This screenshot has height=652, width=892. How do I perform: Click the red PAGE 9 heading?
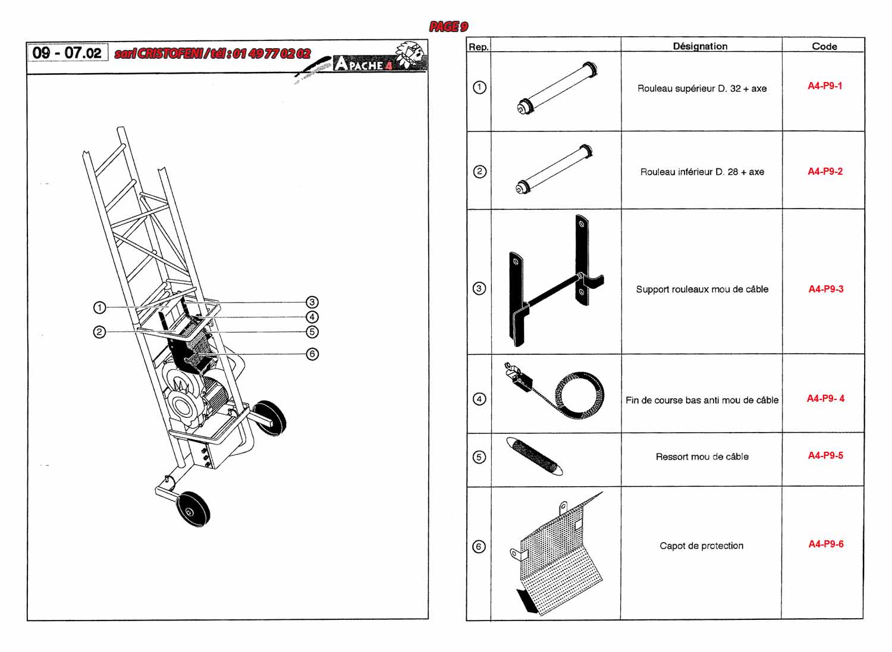pyautogui.click(x=448, y=27)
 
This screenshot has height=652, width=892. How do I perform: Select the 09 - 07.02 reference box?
pyautogui.click(x=67, y=52)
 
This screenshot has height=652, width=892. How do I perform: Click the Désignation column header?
pyautogui.click(x=700, y=46)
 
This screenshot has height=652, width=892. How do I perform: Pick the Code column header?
pyautogui.click(x=824, y=46)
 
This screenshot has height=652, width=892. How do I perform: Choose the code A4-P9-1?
pyautogui.click(x=825, y=86)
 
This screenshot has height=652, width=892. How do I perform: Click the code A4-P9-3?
pyautogui.click(x=825, y=289)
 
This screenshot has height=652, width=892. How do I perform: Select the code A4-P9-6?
pyautogui.click(x=825, y=544)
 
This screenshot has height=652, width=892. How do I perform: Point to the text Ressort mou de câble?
pyautogui.click(x=702, y=456)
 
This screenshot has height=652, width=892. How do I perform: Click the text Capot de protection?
pyautogui.click(x=701, y=546)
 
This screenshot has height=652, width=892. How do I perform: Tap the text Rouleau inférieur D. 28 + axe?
pyautogui.click(x=702, y=172)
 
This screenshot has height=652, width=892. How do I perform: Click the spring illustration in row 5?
pyautogui.click(x=535, y=456)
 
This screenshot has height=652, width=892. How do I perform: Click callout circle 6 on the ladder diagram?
pyautogui.click(x=312, y=354)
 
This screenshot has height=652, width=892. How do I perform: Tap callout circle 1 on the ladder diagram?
pyautogui.click(x=99, y=307)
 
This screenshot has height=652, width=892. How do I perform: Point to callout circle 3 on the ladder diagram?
pyautogui.click(x=312, y=302)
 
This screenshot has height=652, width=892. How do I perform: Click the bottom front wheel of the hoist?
pyautogui.click(x=193, y=509)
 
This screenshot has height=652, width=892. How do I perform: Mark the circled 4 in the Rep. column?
pyautogui.click(x=479, y=399)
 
